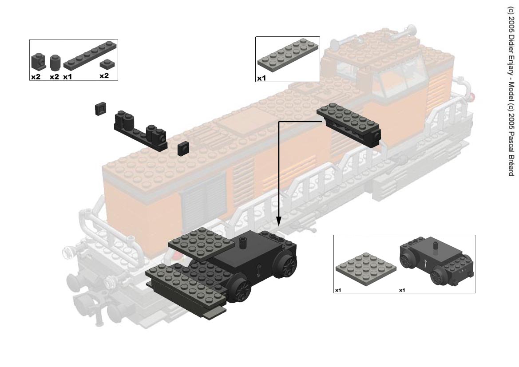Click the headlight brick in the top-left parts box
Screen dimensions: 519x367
[38, 61]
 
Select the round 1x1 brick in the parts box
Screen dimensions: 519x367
[55, 63]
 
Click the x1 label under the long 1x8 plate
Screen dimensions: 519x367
[67, 77]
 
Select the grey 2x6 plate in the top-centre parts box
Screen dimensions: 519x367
[288, 55]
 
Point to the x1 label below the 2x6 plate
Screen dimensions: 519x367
[261, 79]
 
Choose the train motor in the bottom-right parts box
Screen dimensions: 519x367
[436, 261]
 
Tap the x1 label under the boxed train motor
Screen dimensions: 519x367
[402, 290]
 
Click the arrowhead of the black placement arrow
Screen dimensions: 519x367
[279, 221]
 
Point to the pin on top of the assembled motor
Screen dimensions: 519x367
[244, 244]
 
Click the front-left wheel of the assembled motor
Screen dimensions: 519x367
[239, 290]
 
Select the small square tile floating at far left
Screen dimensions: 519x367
[100, 109]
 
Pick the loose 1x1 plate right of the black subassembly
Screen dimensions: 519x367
[183, 149]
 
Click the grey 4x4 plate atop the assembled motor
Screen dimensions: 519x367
[200, 244]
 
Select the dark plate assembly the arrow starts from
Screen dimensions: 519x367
[349, 124]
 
